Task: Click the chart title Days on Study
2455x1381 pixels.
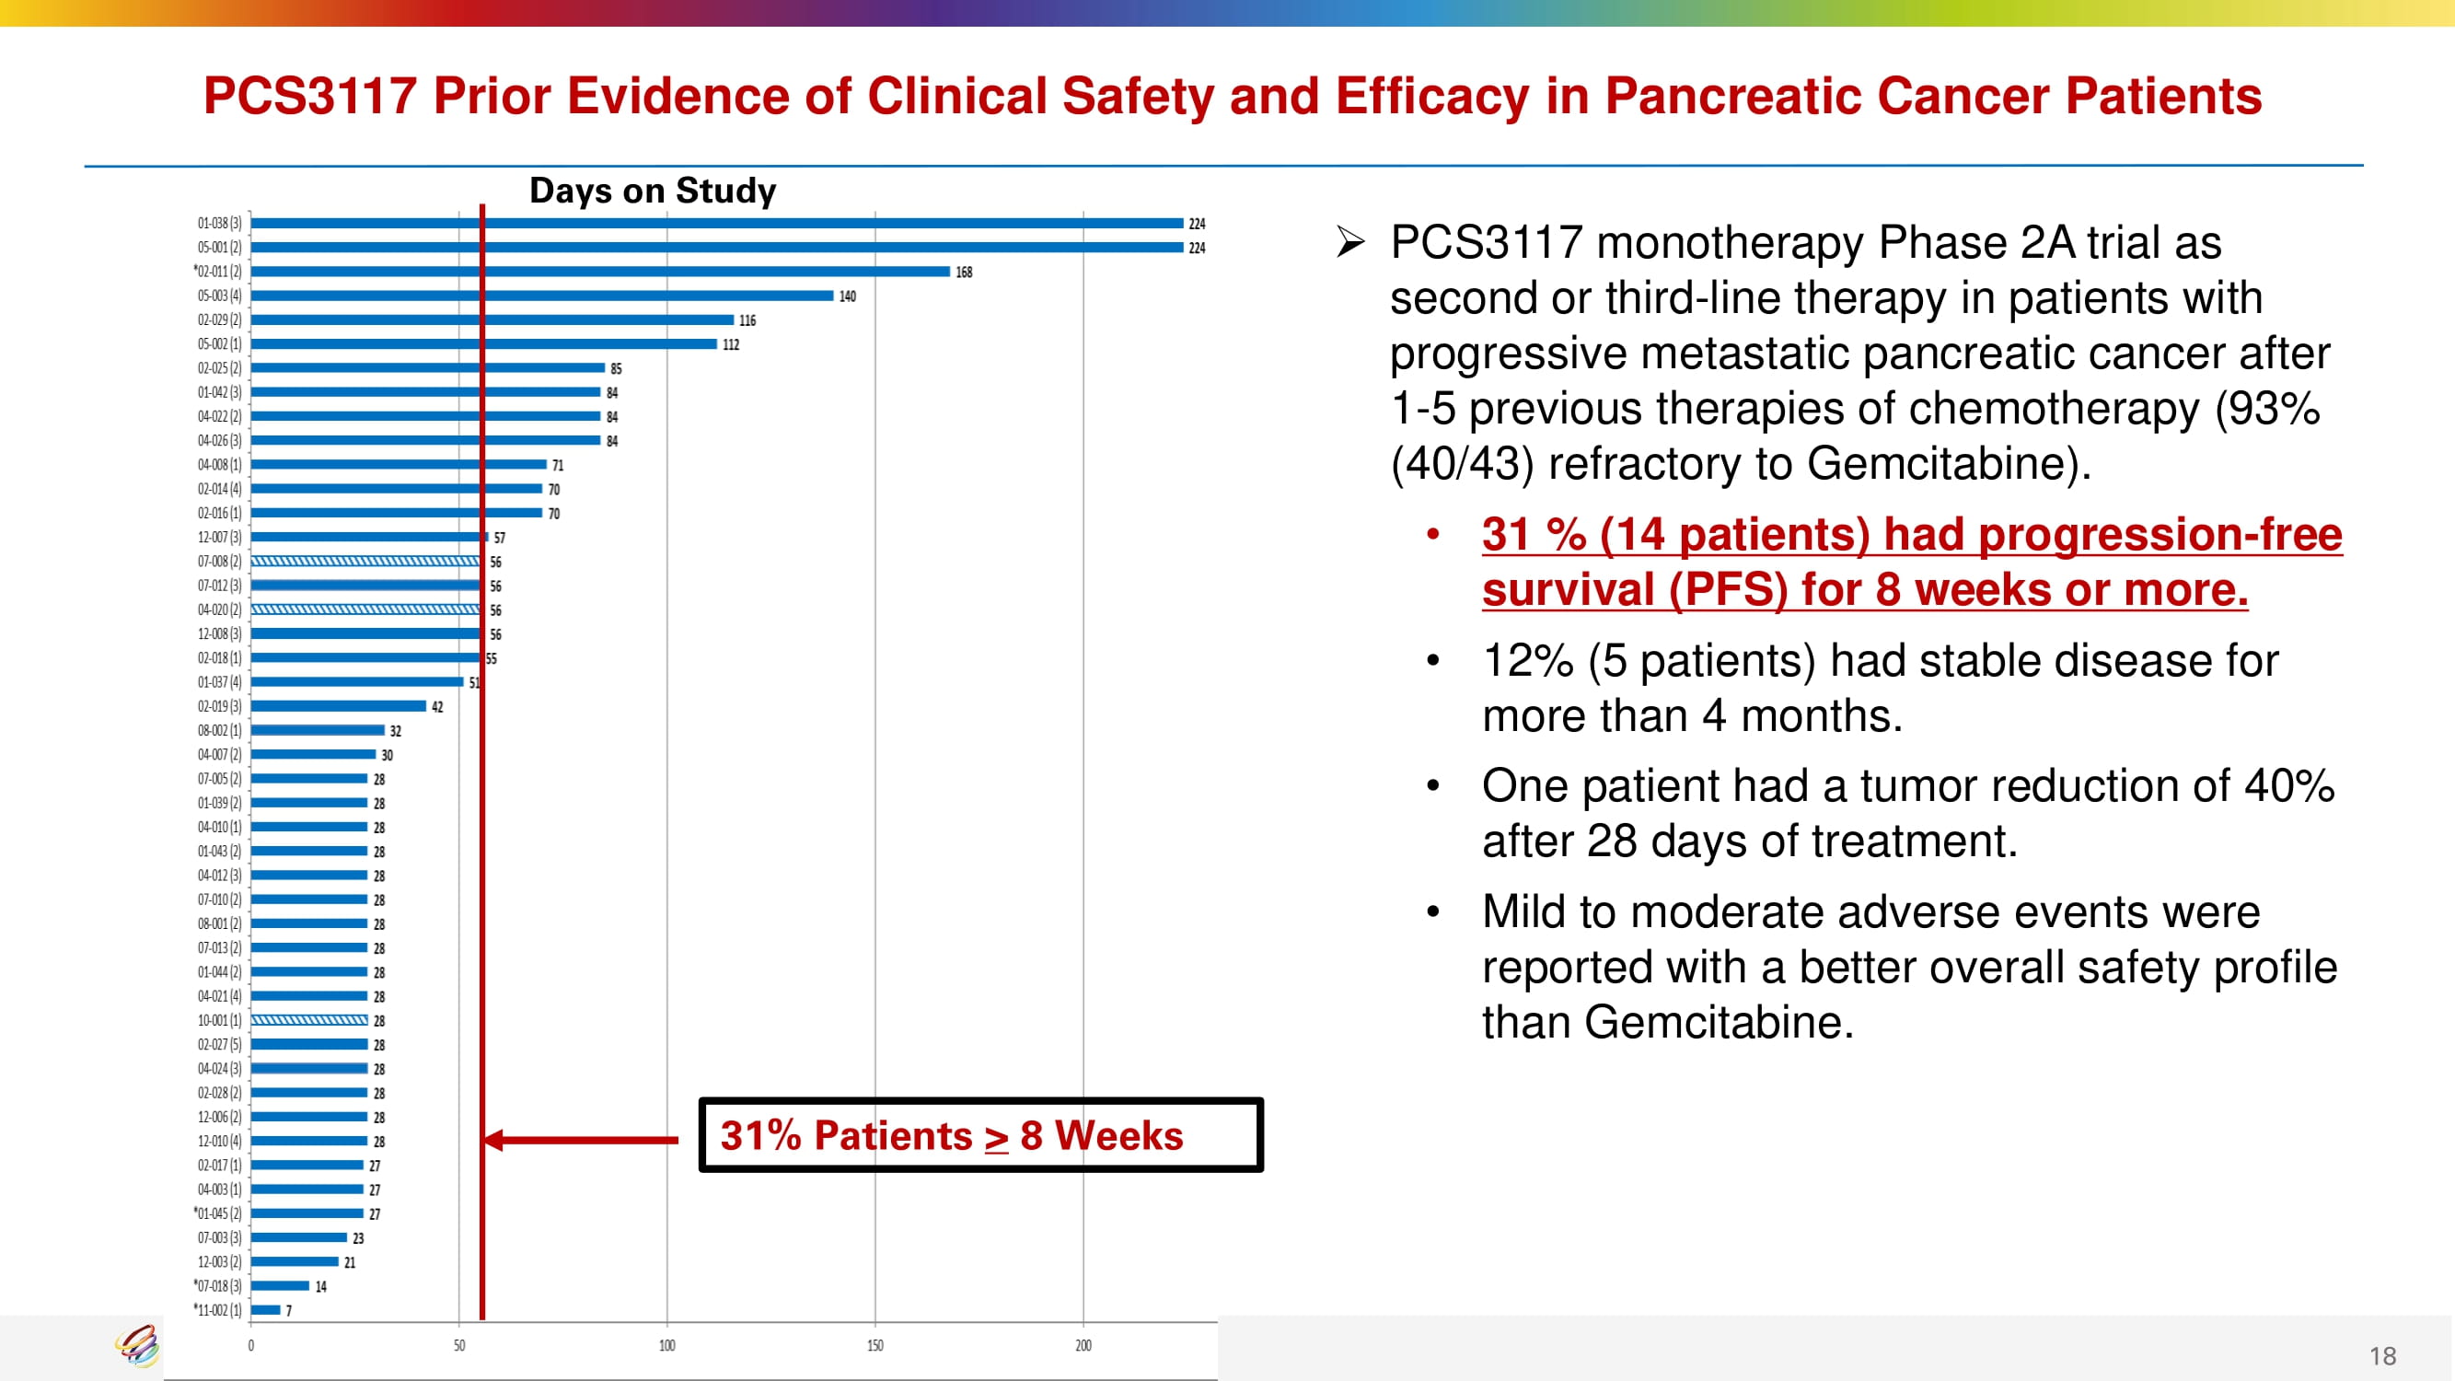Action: click(653, 191)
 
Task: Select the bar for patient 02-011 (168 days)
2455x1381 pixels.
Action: click(600, 272)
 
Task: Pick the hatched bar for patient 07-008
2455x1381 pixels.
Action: click(366, 562)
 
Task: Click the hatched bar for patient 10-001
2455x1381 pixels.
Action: click(308, 1020)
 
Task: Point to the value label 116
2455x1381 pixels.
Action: click(747, 320)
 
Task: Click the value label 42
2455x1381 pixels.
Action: click(437, 707)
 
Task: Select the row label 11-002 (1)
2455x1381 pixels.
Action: click(219, 1310)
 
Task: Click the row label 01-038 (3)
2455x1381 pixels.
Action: click(219, 223)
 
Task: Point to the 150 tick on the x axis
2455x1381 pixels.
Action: click(874, 1346)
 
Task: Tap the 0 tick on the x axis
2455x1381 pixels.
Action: click(250, 1346)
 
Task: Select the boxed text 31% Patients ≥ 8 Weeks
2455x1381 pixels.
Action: click(951, 1135)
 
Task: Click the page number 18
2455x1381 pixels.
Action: click(2381, 1356)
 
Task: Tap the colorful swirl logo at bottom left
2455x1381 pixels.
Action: click(138, 1346)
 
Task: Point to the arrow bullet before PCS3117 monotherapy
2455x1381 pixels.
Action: click(1350, 242)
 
